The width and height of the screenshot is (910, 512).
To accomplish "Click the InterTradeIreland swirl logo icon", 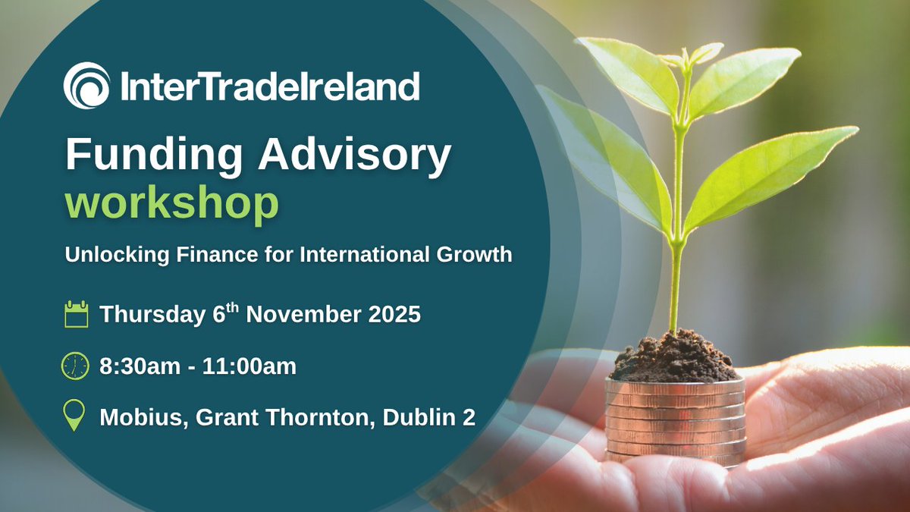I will [x=86, y=86].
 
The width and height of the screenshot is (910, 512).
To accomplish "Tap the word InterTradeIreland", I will [x=269, y=86].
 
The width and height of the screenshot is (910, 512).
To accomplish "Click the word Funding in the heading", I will [x=154, y=155].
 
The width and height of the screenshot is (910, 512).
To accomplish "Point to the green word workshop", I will [x=171, y=203].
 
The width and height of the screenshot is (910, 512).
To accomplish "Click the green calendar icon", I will [x=76, y=313].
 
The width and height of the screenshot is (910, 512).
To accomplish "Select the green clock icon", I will [x=75, y=366].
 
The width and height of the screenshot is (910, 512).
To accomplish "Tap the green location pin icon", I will [x=74, y=416].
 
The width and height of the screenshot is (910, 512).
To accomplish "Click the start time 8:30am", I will [x=136, y=367].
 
